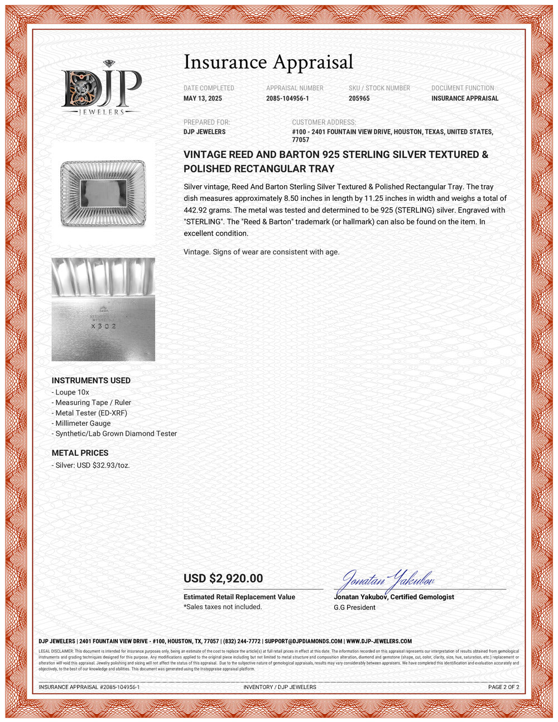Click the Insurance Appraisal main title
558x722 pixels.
[x=268, y=62]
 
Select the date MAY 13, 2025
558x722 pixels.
[x=203, y=98]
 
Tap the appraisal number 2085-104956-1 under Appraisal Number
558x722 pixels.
[x=287, y=98]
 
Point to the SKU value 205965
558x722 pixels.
[x=359, y=98]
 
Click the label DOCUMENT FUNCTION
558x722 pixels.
[x=463, y=88]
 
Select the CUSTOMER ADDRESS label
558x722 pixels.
[x=324, y=122]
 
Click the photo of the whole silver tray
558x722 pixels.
[x=103, y=193]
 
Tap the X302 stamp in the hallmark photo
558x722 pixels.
[x=104, y=326]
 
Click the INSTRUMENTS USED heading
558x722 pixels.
[x=91, y=381]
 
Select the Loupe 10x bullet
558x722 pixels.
[x=72, y=392]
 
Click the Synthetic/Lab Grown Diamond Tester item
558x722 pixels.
[x=116, y=434]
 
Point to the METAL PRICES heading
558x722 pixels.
[x=80, y=453]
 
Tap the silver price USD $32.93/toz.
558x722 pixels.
[x=92, y=465]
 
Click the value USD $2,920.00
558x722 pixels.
[x=223, y=579]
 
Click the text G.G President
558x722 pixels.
[x=354, y=607]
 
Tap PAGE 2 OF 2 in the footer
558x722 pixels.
[x=503, y=687]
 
